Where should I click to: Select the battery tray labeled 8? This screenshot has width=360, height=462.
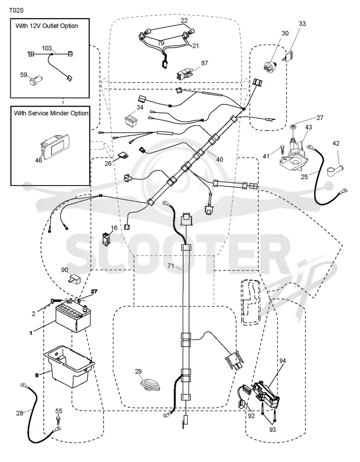69,367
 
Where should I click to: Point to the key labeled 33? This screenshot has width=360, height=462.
288,55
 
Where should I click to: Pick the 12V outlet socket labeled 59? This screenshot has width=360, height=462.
36,80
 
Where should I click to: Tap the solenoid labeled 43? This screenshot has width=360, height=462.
294,156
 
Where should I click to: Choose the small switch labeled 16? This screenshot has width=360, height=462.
105,239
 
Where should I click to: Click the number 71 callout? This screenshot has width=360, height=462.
171,266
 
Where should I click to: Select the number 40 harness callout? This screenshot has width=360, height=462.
220,159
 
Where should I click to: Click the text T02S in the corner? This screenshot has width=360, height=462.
17,10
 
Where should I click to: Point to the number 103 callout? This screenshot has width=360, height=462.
46,48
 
